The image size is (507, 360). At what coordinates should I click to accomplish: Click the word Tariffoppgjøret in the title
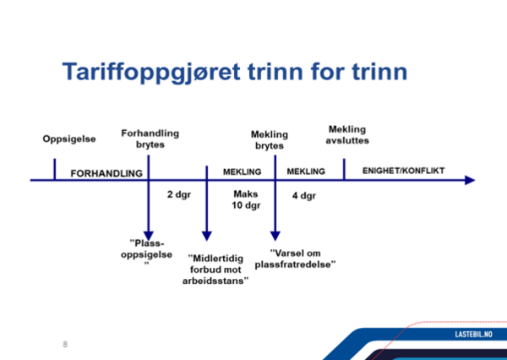click(151, 73)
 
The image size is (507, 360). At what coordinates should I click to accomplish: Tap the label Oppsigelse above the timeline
click(69, 139)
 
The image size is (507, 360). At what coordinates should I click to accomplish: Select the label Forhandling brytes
click(150, 139)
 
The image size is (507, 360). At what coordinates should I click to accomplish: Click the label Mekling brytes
click(270, 140)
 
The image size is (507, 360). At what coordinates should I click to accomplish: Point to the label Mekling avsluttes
click(347, 135)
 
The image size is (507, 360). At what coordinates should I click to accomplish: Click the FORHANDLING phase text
click(106, 174)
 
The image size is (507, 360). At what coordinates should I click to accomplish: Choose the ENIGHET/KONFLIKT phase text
click(404, 171)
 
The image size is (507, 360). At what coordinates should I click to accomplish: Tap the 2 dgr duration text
click(179, 194)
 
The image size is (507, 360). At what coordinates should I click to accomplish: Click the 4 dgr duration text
click(304, 196)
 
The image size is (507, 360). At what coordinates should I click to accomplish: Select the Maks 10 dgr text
click(246, 199)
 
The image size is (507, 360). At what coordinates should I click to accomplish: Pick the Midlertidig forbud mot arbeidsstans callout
click(215, 270)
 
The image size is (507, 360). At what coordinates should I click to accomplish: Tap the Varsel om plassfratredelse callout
click(295, 259)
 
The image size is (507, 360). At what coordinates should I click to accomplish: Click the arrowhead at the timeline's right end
click(470, 180)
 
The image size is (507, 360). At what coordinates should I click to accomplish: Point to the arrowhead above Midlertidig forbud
click(207, 236)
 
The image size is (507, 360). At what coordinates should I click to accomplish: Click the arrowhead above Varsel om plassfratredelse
click(275, 236)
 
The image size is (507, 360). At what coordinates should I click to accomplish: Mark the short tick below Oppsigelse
click(55, 169)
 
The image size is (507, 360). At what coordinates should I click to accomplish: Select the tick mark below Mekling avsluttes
click(344, 169)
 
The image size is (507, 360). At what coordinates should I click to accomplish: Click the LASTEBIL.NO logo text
click(474, 334)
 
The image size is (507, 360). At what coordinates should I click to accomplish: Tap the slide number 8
click(65, 344)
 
